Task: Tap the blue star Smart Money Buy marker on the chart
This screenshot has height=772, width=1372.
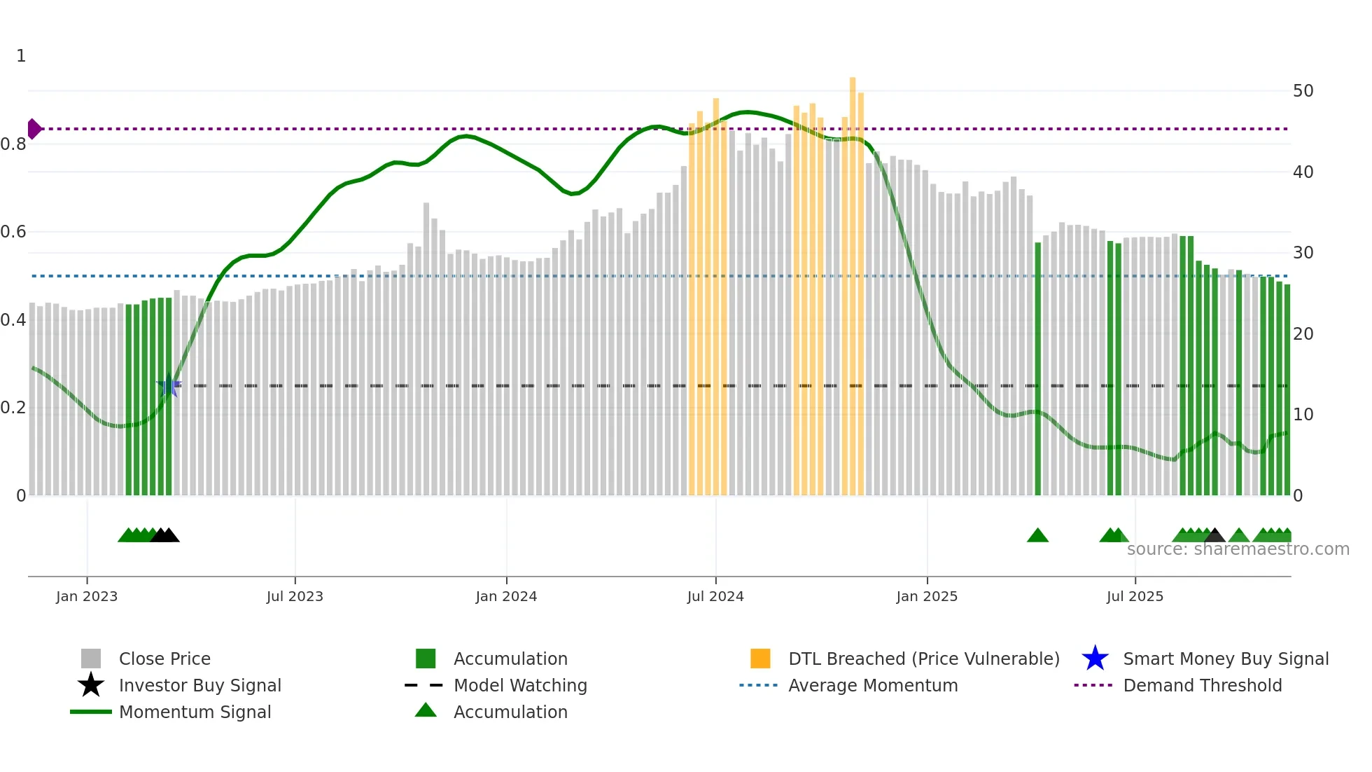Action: (169, 385)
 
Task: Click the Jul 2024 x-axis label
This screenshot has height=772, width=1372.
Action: (715, 596)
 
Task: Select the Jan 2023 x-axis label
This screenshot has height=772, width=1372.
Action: (87, 596)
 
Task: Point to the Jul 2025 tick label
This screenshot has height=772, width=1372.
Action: (1135, 596)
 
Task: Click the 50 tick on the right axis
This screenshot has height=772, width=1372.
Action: (1303, 91)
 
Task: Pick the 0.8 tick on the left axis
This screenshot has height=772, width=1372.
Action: (13, 144)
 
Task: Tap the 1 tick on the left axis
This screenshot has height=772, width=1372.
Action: (21, 56)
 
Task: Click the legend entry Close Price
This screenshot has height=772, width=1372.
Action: (164, 659)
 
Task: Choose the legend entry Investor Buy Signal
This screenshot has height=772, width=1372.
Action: (199, 685)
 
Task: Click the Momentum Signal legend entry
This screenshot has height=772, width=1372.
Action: (195, 712)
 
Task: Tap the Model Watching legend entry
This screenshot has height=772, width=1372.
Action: (520, 685)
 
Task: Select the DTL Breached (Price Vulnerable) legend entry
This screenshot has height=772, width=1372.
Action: (923, 659)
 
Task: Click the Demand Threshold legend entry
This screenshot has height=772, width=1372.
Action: (1202, 685)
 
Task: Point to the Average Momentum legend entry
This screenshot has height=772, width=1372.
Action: (873, 685)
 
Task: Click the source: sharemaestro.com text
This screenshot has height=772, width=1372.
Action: (1238, 549)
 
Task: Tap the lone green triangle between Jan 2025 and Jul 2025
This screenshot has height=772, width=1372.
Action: (1037, 536)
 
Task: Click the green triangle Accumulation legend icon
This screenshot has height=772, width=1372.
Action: (426, 710)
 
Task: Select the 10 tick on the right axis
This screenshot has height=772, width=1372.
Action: (1303, 415)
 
